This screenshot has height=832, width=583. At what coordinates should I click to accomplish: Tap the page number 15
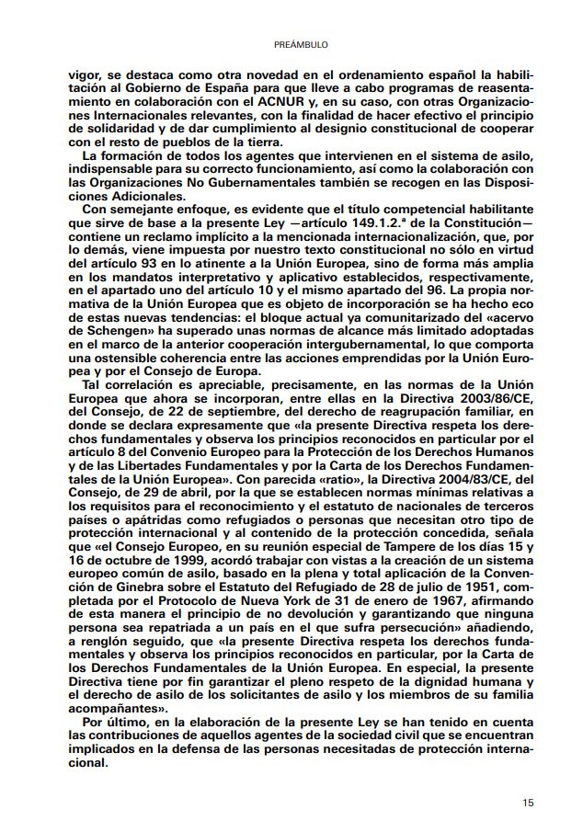click(528, 803)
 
